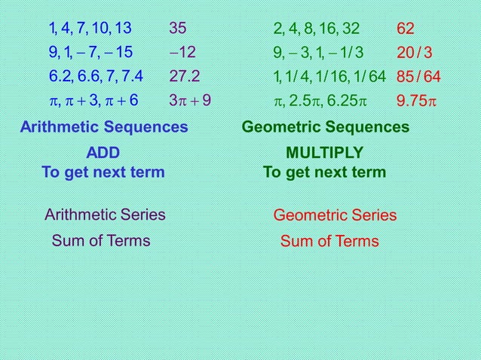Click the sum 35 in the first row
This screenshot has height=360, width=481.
tap(179, 29)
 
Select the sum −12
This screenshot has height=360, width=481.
tap(182, 53)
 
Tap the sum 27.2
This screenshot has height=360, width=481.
tap(185, 77)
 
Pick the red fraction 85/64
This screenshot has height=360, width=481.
tap(418, 77)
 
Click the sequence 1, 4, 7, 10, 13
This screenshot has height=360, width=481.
tap(90, 29)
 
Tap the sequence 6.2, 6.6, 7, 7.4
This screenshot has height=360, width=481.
tap(96, 77)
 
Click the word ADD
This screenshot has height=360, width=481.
tap(103, 153)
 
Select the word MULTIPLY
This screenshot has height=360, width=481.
tap(324, 153)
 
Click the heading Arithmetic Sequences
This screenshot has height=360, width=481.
tap(103, 127)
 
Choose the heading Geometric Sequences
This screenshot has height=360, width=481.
tap(326, 127)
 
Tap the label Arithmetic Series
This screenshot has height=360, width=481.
tap(105, 215)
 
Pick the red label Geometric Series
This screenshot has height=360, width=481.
tap(335, 216)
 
